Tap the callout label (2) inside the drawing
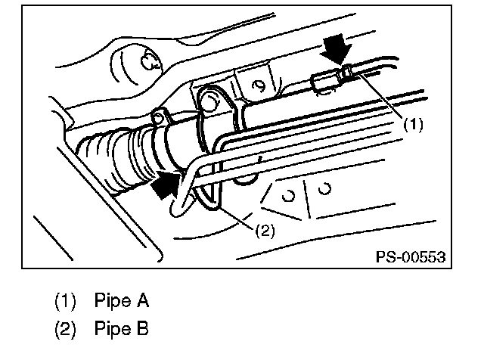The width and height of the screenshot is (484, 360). click(x=265, y=231)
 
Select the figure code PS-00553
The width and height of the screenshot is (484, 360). click(x=410, y=257)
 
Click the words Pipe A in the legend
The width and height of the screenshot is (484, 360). click(x=122, y=301)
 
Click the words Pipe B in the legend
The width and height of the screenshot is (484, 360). click(x=122, y=330)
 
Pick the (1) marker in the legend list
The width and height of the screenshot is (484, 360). click(x=66, y=301)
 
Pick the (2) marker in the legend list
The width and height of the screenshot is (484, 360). click(x=66, y=330)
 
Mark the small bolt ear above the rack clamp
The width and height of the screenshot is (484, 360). click(x=159, y=116)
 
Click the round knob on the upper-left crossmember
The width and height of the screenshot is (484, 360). click(x=146, y=63)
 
